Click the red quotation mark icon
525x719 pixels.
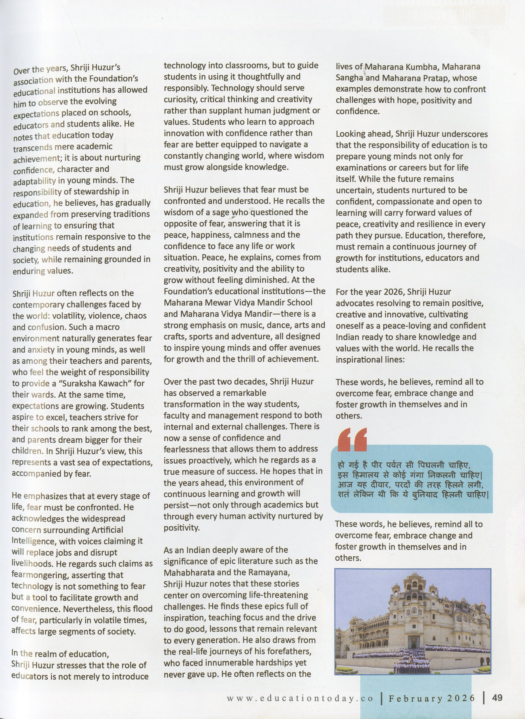coord(352,440)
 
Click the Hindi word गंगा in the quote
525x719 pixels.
coord(415,476)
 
